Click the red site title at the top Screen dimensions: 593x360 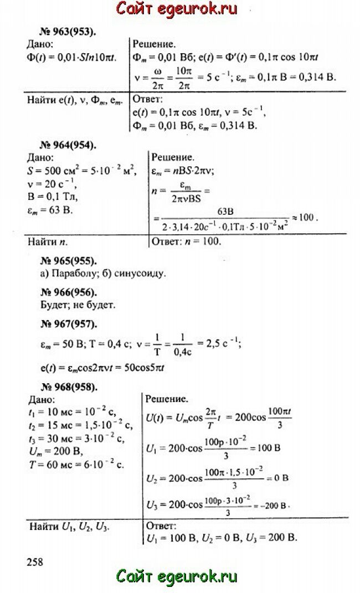tap(176, 9)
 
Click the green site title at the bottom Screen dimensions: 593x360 tap(177, 576)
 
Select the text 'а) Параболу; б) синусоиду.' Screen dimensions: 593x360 tap(103, 273)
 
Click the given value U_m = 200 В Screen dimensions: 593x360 tap(54, 452)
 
